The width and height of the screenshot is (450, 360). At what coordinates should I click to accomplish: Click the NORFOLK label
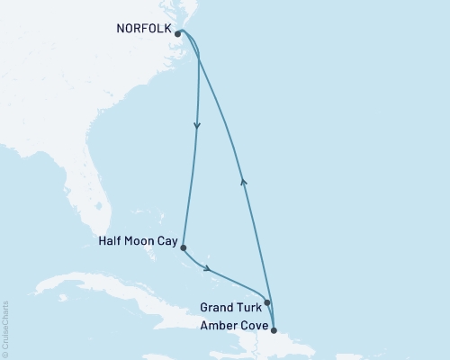pos(143,29)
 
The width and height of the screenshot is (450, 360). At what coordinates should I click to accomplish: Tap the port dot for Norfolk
pos(178,34)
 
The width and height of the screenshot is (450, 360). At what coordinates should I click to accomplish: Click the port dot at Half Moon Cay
pos(184,247)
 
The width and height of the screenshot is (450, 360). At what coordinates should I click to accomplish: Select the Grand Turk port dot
pos(267,303)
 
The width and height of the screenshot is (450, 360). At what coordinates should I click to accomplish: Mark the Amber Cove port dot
pos(274,330)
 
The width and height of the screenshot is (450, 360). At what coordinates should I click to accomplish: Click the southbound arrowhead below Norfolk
pos(197,126)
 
